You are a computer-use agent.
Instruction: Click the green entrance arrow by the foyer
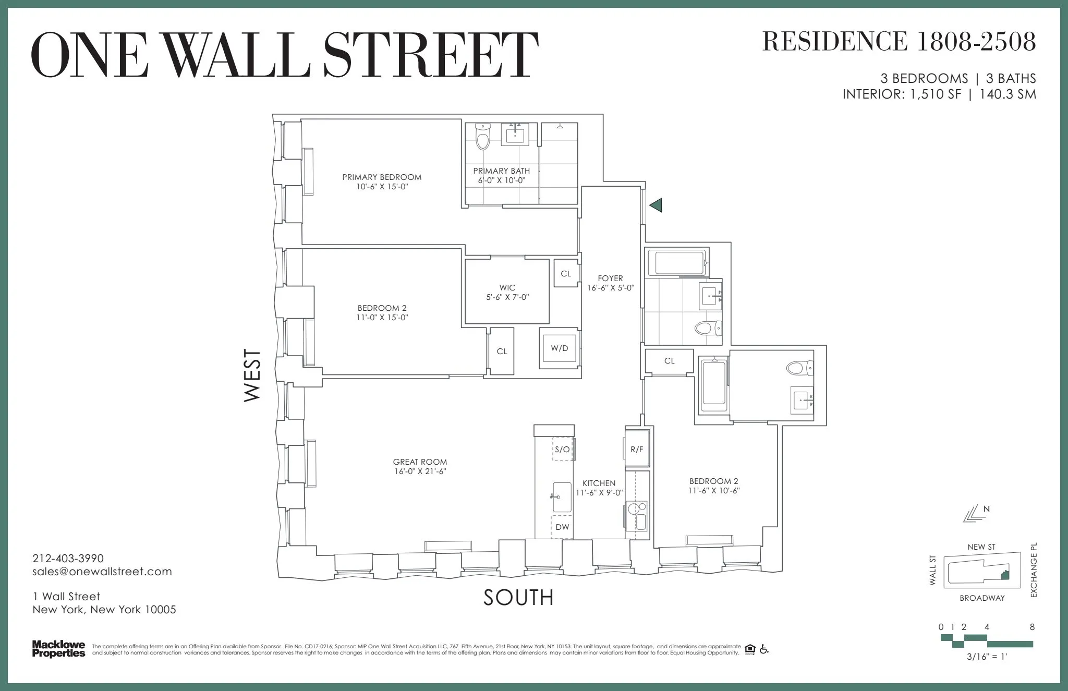click(x=656, y=205)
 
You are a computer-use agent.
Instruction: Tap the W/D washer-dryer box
click(x=560, y=348)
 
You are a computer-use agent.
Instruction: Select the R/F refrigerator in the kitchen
click(x=637, y=449)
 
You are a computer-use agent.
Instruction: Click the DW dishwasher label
click(x=562, y=527)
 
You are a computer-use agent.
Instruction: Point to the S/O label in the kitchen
click(x=562, y=449)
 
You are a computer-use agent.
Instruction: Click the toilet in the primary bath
click(x=483, y=138)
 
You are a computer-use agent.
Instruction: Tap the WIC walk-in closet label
click(x=507, y=287)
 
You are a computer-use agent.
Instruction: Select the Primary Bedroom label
click(x=382, y=177)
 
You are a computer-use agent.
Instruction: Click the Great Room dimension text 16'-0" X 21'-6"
click(x=420, y=471)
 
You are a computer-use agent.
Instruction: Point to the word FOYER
click(x=610, y=278)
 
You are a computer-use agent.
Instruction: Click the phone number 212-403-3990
click(x=68, y=559)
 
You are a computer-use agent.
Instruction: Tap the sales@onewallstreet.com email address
click(x=102, y=572)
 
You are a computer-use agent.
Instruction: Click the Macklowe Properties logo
click(x=58, y=649)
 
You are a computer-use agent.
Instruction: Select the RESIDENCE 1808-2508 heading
click(x=899, y=41)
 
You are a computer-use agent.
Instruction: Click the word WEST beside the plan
click(x=252, y=375)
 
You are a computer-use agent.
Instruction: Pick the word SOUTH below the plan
click(x=518, y=598)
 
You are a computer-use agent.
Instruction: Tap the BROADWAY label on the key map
click(x=982, y=598)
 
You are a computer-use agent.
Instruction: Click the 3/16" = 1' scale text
click(x=987, y=657)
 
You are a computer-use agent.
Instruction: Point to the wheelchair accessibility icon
click(x=764, y=649)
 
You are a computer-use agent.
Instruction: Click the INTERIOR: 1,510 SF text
click(x=902, y=94)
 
